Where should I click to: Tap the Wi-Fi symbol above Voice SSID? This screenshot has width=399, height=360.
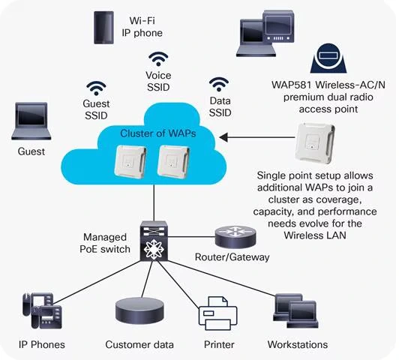(x=158, y=58)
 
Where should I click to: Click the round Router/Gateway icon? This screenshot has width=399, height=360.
(x=229, y=238)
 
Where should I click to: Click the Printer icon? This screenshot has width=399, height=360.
(x=217, y=313)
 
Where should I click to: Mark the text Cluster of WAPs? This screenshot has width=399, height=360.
(x=154, y=133)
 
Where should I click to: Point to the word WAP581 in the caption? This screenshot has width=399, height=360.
(x=295, y=82)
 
